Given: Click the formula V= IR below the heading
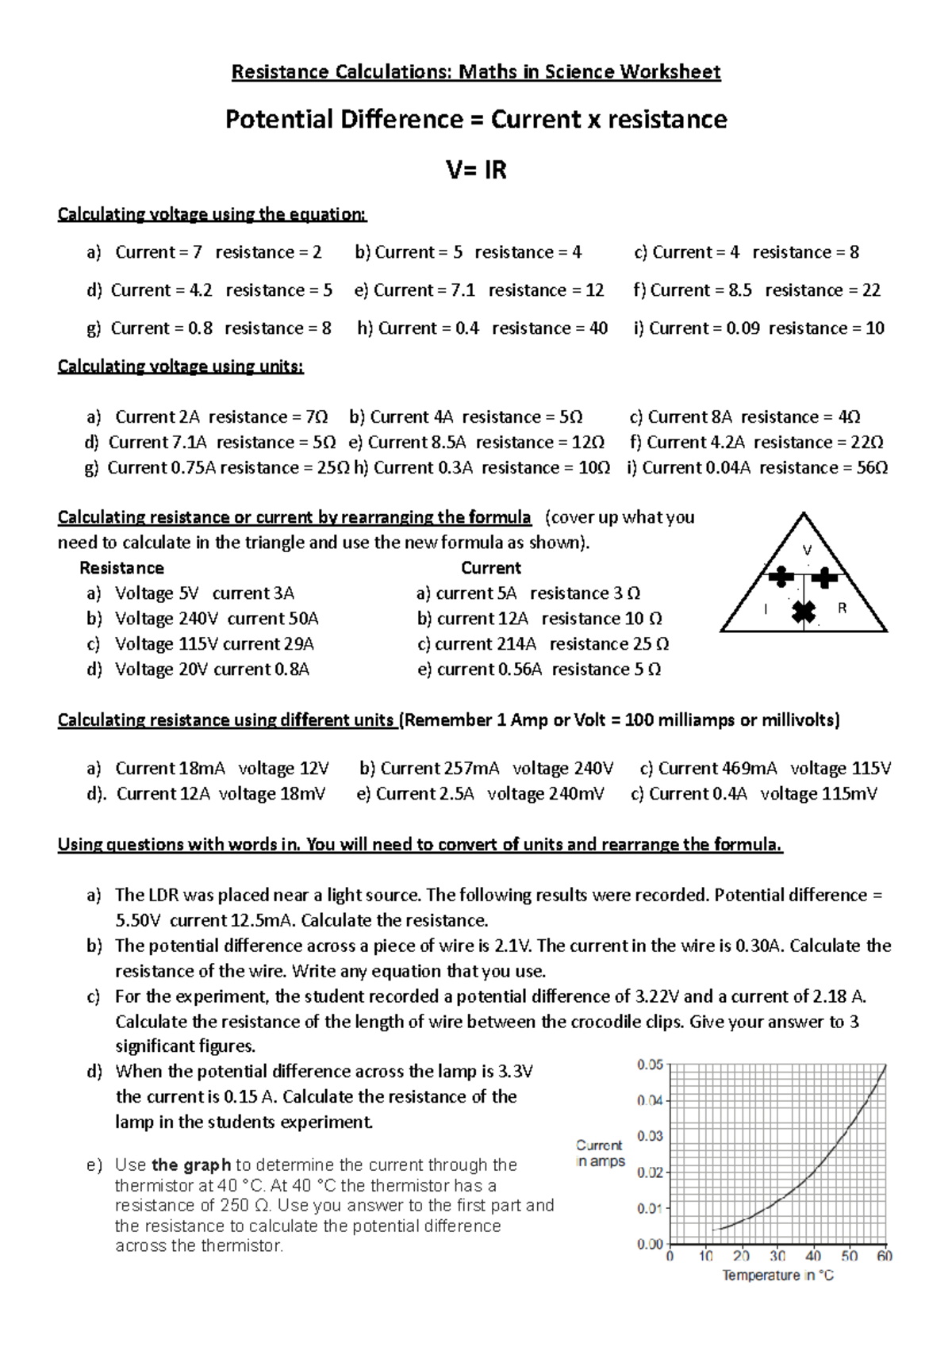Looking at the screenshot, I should click(x=476, y=170).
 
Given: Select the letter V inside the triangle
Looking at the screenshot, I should click(x=808, y=551).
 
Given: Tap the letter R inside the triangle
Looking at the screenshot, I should click(x=842, y=608).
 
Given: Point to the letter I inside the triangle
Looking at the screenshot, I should click(x=766, y=609).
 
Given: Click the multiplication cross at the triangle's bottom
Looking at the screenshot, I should click(x=804, y=612).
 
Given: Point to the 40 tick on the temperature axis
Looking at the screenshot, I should click(x=813, y=1256).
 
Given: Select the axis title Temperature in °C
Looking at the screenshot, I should click(x=777, y=1276).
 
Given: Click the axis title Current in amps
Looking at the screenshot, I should click(x=601, y=1153).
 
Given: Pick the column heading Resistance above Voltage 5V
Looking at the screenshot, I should click(x=121, y=568).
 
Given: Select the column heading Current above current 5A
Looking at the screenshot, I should click(x=491, y=568).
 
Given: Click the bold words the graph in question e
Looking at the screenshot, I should click(x=191, y=1165).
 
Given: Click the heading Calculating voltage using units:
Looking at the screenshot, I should click(x=181, y=366).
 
